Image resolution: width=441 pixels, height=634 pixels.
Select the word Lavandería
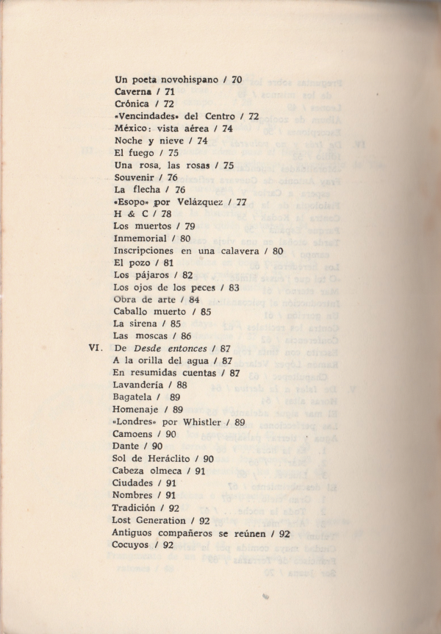143,385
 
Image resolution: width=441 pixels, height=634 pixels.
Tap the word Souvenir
137,177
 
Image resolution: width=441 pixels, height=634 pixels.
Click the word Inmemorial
143,238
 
